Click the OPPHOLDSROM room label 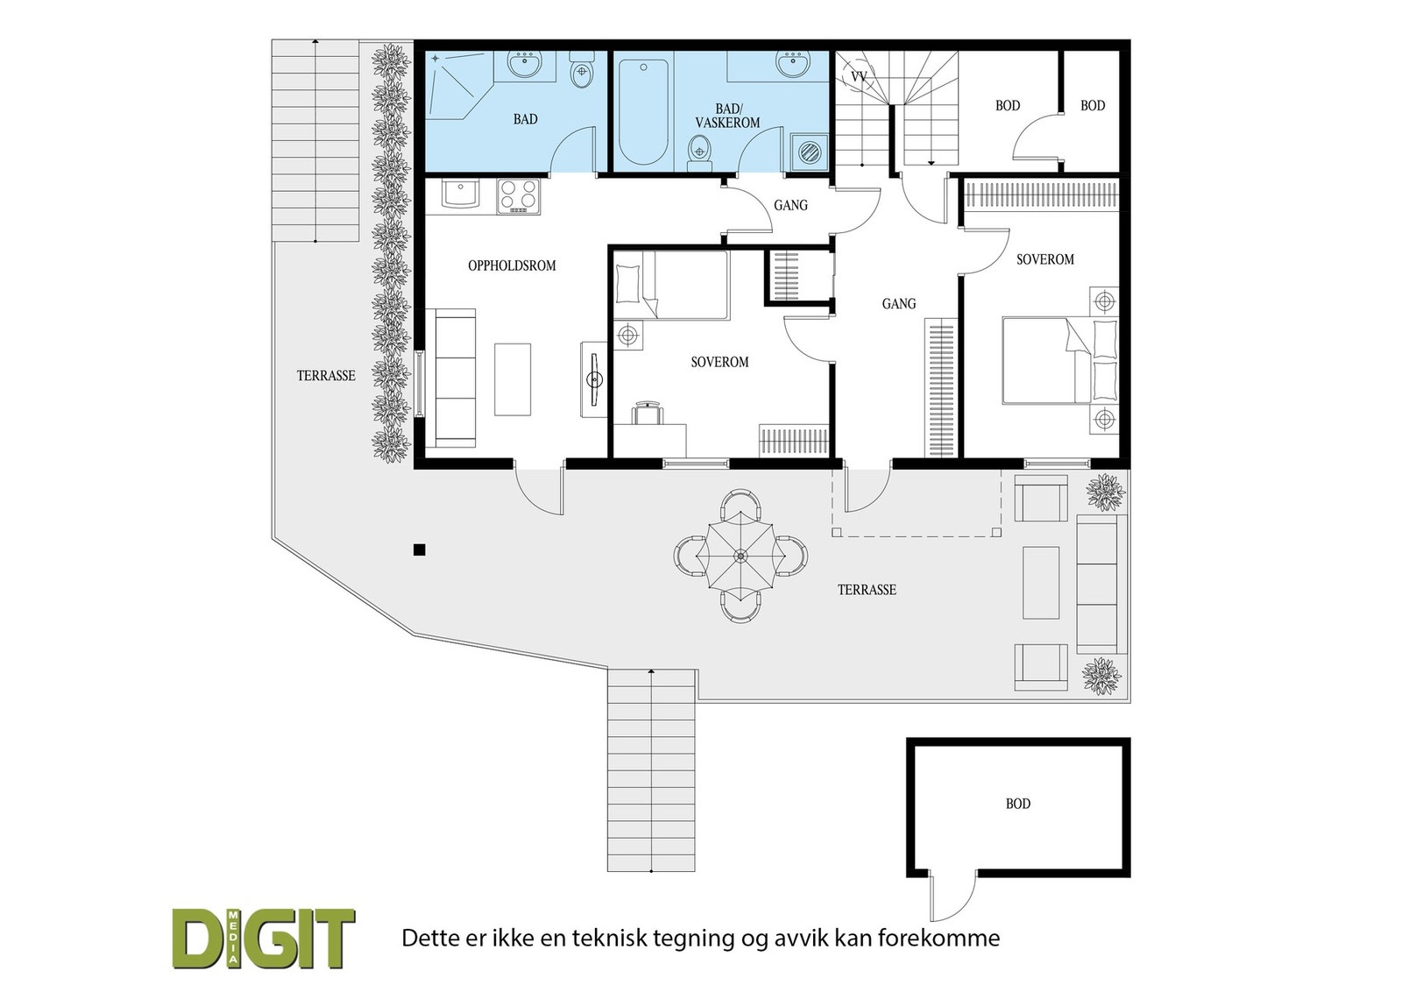coord(512,266)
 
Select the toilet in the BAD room coord(582,74)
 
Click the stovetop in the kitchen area coord(519,196)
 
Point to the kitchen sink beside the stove coord(460,194)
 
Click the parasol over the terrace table coord(740,555)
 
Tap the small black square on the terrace coord(419,550)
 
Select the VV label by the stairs coord(859,77)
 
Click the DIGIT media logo coord(264,939)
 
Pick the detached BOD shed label coord(1018,804)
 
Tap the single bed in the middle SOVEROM coord(671,285)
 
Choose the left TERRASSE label coord(326,375)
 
